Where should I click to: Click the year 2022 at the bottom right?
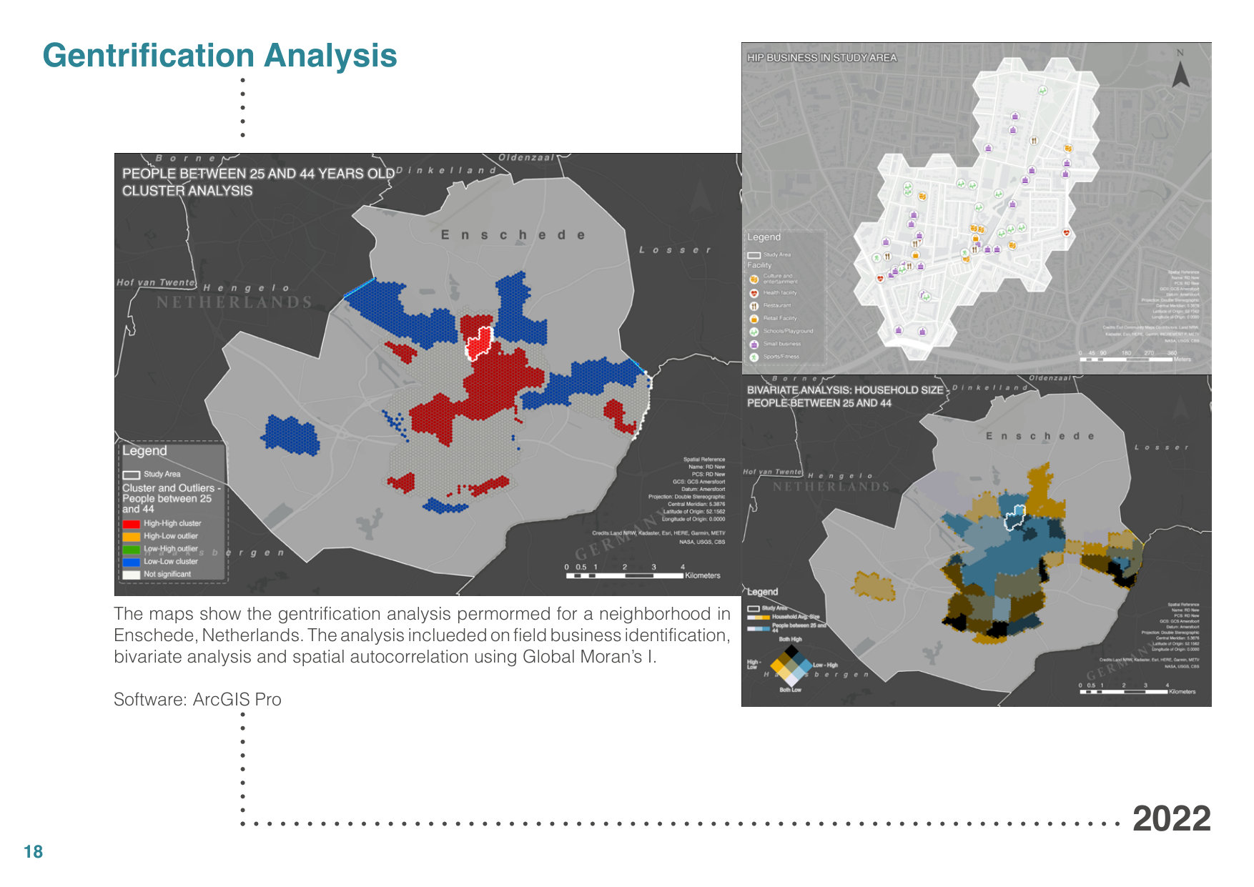1171,819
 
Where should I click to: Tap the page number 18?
33,852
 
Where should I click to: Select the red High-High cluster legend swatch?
131,524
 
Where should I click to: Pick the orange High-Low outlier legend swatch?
131,536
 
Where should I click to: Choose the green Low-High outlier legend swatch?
131,549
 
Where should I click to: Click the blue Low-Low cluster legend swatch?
131,562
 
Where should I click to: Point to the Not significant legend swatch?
131,575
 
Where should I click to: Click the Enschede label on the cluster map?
513,235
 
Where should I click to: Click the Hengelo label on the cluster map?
246,288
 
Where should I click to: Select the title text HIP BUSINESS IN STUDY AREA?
821,58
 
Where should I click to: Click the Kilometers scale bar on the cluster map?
625,575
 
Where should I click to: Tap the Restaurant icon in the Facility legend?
754,306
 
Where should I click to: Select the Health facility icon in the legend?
754,293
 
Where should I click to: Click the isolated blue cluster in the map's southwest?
290,435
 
